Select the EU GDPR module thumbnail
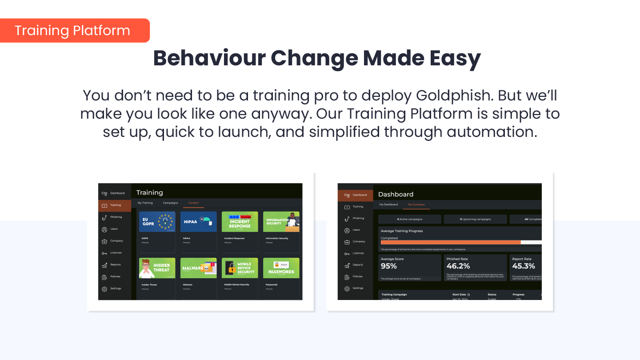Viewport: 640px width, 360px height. click(x=157, y=221)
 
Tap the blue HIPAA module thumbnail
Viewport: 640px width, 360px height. click(x=198, y=221)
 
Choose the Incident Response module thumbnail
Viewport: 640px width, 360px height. click(x=240, y=221)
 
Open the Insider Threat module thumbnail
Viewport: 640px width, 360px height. click(x=157, y=268)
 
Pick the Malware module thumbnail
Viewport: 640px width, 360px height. click(x=198, y=268)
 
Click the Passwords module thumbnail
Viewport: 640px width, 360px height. click(x=281, y=268)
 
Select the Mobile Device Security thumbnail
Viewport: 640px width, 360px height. click(x=240, y=268)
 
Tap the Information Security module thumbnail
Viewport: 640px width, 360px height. click(x=281, y=221)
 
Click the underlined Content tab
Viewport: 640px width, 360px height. click(x=193, y=203)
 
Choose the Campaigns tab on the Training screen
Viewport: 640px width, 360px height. click(x=170, y=203)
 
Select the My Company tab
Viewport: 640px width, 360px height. click(x=416, y=204)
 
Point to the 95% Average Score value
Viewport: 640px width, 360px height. click(x=389, y=266)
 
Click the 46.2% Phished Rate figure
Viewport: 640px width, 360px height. click(x=458, y=266)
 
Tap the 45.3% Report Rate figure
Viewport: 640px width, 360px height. click(x=524, y=266)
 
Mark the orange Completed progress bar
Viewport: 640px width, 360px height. click(x=450, y=242)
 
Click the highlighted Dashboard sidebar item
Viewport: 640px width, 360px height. click(x=355, y=195)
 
